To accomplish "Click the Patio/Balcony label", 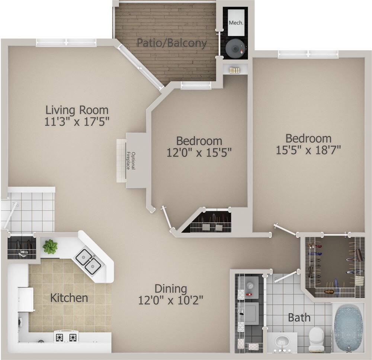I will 171,43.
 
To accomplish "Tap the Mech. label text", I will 236,23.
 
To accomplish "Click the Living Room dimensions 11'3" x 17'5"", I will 77,122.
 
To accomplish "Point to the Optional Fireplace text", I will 131,161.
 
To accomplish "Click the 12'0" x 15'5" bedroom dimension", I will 199,152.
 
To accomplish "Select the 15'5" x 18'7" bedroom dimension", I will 308,150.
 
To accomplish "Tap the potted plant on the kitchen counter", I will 50,246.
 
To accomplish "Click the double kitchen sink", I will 88,260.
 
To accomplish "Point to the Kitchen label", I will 69,298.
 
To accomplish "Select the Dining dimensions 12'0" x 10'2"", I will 171,300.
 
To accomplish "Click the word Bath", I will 299,318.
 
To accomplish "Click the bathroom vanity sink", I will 282,341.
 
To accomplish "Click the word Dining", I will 170,288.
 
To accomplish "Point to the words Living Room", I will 77,110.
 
